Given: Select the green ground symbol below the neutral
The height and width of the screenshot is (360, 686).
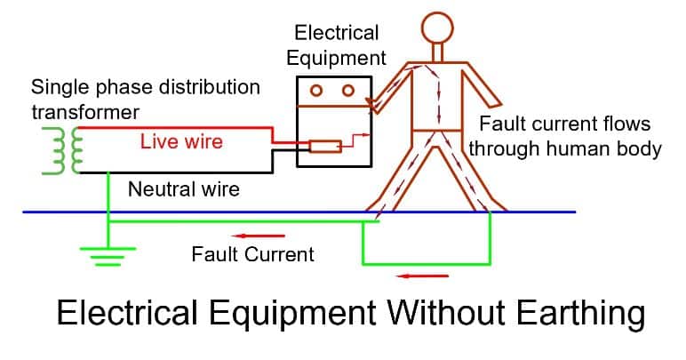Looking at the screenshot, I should coord(108,255).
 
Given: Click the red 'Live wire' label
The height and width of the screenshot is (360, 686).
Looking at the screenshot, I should coord(180,142).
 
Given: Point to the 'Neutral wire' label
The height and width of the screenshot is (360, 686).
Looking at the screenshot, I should coord(183,189).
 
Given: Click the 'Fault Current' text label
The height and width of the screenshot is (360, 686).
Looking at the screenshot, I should coord(252,255).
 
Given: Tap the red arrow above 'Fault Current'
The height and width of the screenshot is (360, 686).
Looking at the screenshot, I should coord(267,236).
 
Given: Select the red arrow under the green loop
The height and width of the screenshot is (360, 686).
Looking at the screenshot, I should coord(417,276).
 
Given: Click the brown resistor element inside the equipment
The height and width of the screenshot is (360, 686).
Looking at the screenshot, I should coord(324,145).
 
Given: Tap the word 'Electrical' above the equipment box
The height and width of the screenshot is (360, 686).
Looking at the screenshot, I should coord(337,34).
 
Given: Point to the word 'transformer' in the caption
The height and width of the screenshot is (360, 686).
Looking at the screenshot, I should coord(86,113).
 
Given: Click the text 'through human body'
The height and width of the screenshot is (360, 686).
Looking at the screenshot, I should coord(565,148).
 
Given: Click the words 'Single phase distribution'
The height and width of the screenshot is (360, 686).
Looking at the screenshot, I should coord(146,88).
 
